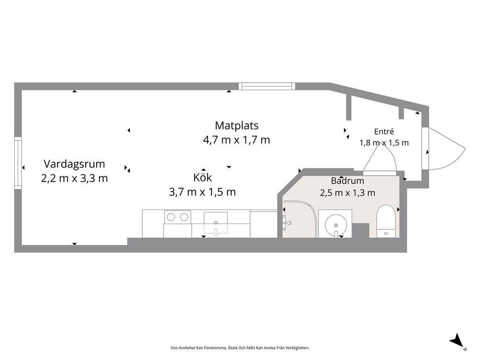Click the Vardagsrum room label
tap(74, 164)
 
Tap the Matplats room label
tap(237, 125)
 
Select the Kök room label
tap(202, 177)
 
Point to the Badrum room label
tap(347, 180)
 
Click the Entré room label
tap(384, 131)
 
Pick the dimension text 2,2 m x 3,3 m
tap(75, 178)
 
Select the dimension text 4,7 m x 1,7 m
tap(237, 140)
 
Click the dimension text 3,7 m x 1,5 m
tap(202, 192)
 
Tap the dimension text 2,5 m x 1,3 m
tap(347, 193)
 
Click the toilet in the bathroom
tap(386, 221)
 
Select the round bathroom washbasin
tap(336, 225)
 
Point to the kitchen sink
tap(216, 223)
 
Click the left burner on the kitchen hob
tap(171, 217)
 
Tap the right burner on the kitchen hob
tap(184, 217)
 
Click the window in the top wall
tap(267, 86)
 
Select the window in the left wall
tap(18, 163)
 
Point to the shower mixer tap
tap(286, 223)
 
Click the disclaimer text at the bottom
tap(240, 348)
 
